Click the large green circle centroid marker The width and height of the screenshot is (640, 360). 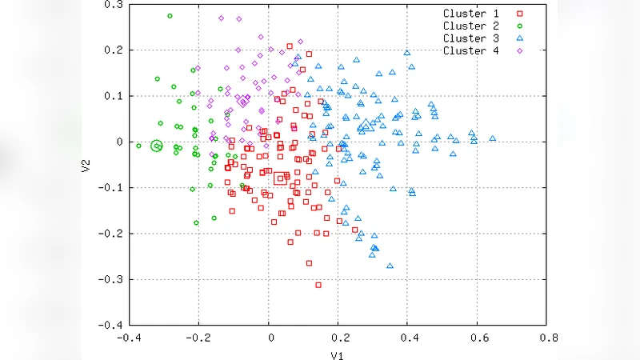157,146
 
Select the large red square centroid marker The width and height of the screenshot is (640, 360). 280,178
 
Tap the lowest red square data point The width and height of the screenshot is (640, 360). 318,285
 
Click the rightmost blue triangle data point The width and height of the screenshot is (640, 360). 493,138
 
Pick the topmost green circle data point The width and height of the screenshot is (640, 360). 170,16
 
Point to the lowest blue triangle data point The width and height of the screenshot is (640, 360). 390,265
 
